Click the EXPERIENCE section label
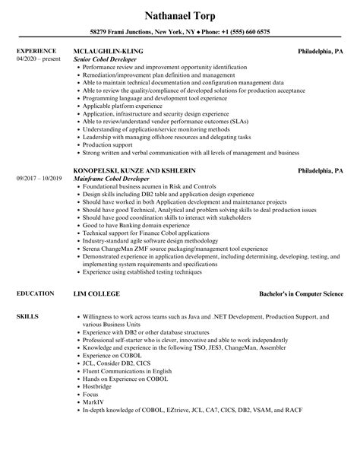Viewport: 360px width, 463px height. coord(35,52)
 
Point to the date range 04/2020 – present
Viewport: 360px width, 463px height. coord(37,59)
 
